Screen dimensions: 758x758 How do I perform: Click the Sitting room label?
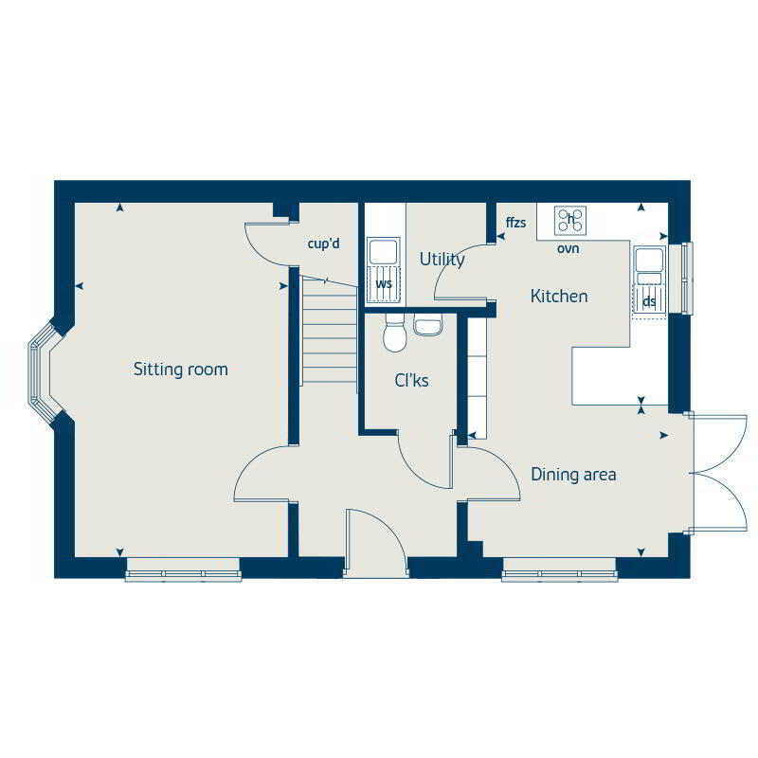(x=180, y=370)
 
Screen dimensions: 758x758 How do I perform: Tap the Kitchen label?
(x=559, y=296)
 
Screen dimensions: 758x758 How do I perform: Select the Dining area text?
(x=573, y=475)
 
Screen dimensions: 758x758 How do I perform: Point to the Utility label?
(x=442, y=260)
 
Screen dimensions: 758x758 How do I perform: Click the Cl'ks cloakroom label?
(x=411, y=381)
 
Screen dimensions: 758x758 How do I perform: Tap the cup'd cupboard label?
(x=323, y=244)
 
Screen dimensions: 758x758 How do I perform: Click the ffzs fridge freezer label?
(x=515, y=223)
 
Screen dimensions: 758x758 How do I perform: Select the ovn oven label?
(x=568, y=248)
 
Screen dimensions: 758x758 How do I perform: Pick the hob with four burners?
(x=570, y=221)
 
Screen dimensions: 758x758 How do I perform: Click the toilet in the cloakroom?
(x=394, y=332)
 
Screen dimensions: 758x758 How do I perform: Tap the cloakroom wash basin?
(x=428, y=324)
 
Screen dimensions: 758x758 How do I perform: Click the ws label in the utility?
(x=384, y=283)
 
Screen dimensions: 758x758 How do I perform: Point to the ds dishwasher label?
(x=649, y=301)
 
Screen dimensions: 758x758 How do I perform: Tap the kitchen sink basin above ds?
(x=649, y=260)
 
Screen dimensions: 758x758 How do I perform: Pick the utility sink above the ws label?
(x=384, y=251)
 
